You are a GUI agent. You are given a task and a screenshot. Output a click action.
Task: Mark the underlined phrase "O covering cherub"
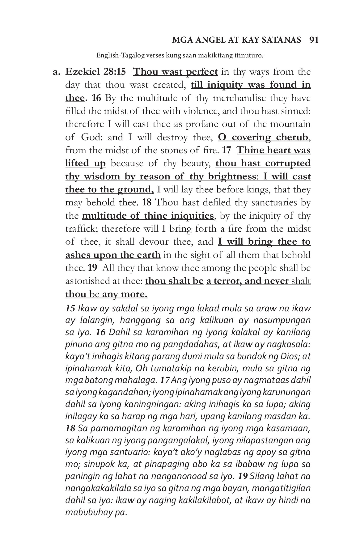click(x=263, y=137)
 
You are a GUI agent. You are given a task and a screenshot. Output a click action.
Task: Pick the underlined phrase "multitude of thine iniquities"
click(x=148, y=216)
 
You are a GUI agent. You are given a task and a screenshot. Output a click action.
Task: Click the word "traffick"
click(x=82, y=229)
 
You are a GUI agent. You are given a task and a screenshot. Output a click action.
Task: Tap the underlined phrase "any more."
click(x=125, y=294)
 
